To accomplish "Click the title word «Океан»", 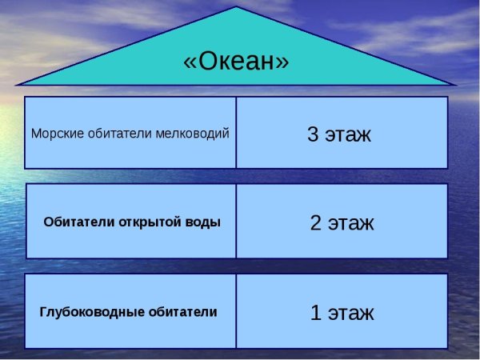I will tap(236, 62).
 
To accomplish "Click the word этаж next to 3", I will tap(349, 134).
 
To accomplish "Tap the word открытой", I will tap(149, 222).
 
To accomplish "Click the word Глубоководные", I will tap(92, 311).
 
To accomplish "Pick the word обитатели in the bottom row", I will tap(182, 311).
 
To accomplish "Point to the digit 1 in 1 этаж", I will tap(316, 313).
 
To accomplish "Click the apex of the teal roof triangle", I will tap(236, 8).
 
